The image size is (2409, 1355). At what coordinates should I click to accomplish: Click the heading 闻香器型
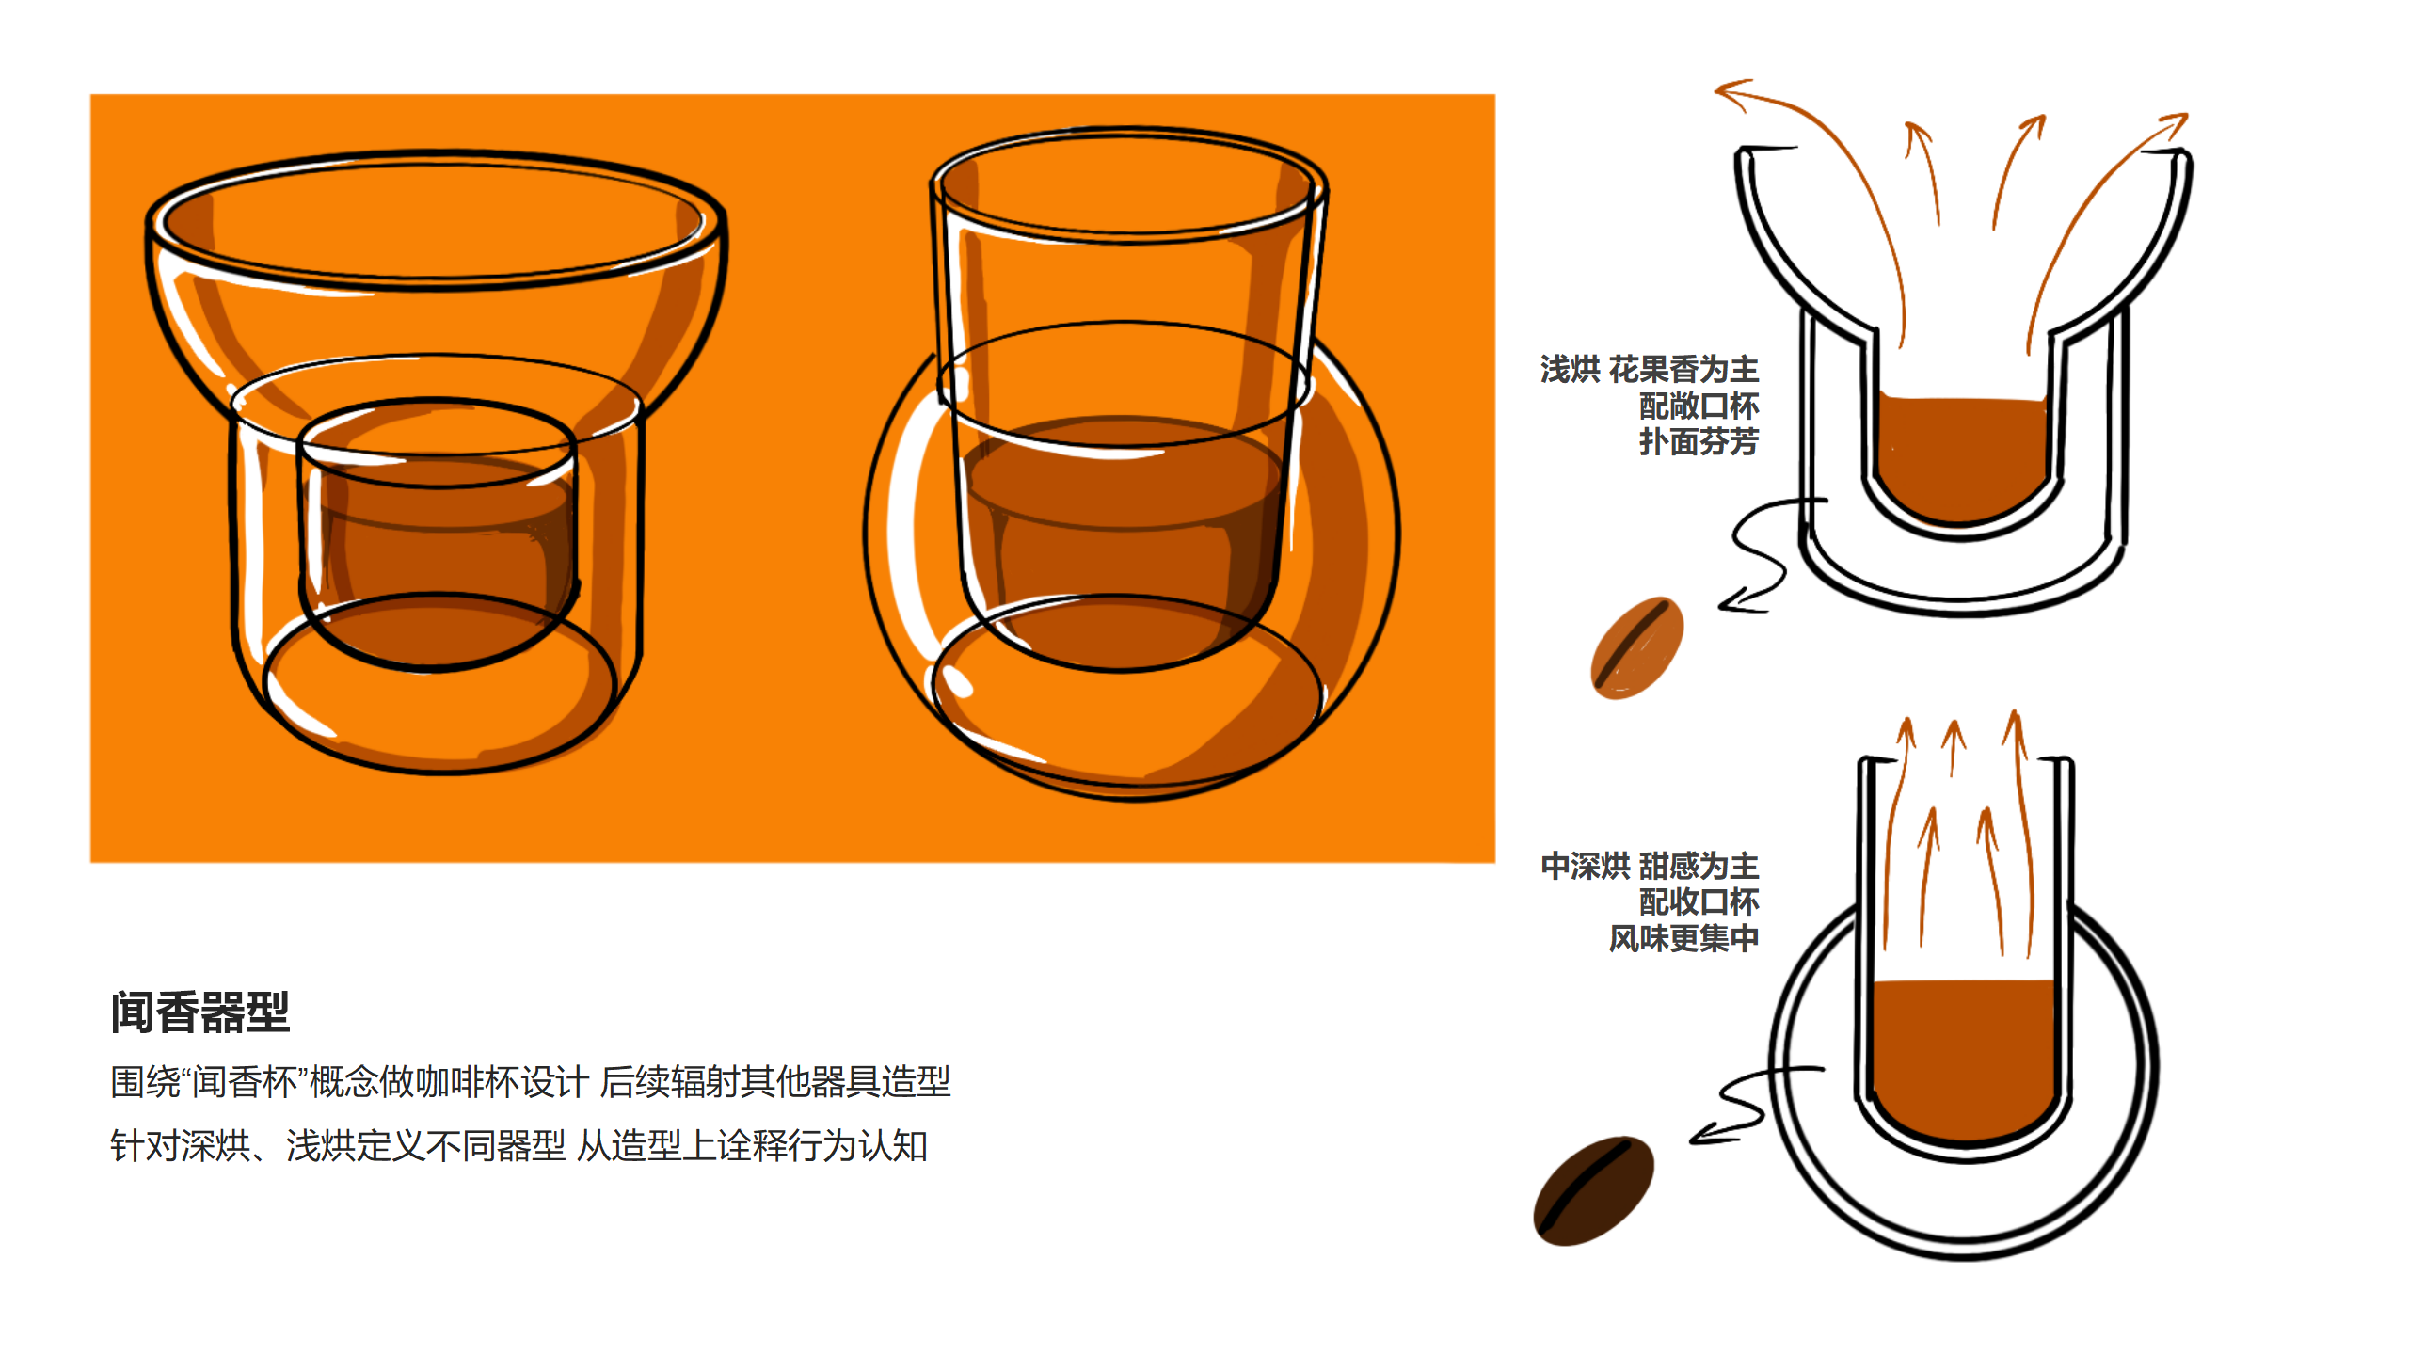199,1012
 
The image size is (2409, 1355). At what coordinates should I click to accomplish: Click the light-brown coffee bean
1636,648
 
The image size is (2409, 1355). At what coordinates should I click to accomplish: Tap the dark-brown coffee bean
1592,1190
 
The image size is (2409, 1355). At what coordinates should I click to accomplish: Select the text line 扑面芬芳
1699,441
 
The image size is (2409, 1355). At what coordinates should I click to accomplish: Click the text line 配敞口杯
1699,406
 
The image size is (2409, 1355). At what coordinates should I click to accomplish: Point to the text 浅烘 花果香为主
1649,369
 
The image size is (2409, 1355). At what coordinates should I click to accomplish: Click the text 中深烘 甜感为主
1649,866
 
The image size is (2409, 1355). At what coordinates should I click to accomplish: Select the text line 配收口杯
1699,901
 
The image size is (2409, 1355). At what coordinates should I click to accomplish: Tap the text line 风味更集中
1683,938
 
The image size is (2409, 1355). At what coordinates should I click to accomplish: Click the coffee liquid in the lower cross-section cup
1963,1054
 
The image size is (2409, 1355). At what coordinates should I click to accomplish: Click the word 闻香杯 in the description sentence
246,1082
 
